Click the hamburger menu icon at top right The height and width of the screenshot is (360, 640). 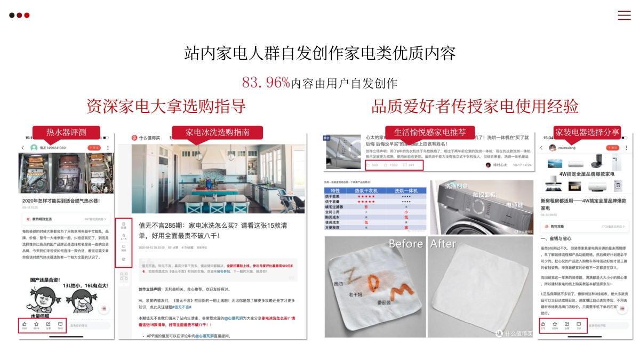(624, 15)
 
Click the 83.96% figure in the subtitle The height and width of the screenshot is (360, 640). (266, 82)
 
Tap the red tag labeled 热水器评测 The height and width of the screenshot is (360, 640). (66, 132)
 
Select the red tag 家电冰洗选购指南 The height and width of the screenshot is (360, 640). (217, 132)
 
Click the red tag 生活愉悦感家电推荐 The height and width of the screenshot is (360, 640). (430, 132)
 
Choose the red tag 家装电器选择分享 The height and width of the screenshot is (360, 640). (587, 132)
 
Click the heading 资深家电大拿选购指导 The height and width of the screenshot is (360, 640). (166, 106)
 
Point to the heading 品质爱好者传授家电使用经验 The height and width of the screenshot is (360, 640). (475, 106)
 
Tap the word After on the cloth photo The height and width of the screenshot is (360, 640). (443, 244)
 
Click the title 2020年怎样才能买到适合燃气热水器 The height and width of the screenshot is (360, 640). (61, 201)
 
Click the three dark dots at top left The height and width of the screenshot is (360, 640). (19, 15)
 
